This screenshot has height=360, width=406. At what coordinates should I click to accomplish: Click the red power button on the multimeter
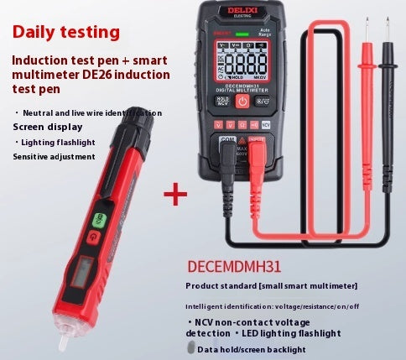[241, 102]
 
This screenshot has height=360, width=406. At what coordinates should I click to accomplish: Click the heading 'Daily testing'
[66, 33]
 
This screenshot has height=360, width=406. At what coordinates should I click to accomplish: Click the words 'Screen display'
[47, 127]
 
